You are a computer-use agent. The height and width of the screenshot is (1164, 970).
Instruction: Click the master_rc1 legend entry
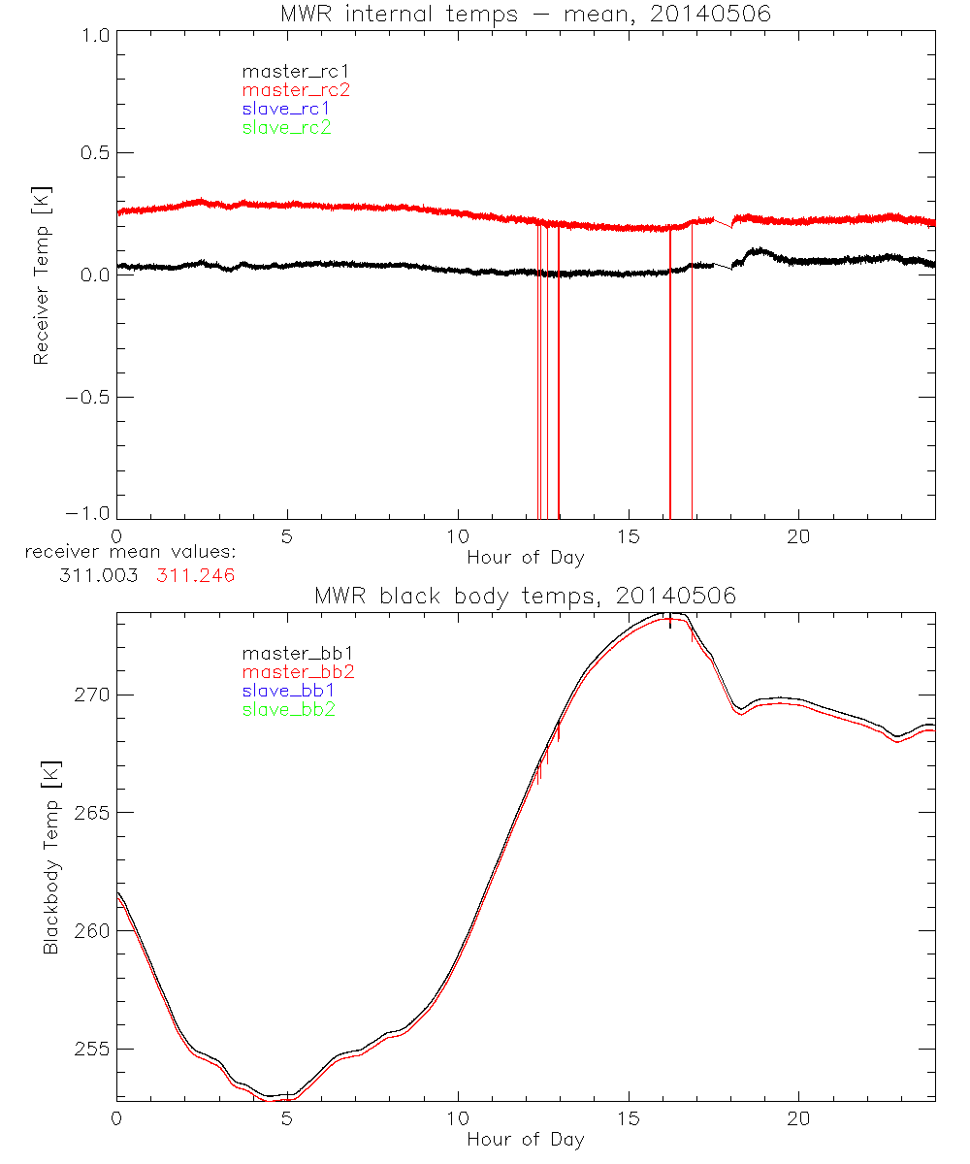287,71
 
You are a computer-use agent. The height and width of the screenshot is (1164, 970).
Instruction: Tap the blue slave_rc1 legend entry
286,109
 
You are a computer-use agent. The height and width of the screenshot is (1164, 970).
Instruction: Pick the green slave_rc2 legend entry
286,127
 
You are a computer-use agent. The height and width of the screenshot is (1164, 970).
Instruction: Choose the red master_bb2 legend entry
290,672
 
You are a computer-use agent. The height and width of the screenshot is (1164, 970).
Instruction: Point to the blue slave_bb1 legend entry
290,691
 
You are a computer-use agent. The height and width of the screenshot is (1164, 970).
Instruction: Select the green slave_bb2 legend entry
290,709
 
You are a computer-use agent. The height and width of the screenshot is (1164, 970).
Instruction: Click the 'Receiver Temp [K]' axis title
41,275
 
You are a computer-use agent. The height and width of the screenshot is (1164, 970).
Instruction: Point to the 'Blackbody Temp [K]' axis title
49,854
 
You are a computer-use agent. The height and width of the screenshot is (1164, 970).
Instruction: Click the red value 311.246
196,575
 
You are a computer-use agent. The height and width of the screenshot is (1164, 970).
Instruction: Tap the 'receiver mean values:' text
131,552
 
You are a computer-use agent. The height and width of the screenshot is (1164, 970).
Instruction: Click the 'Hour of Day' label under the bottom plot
525,1139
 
